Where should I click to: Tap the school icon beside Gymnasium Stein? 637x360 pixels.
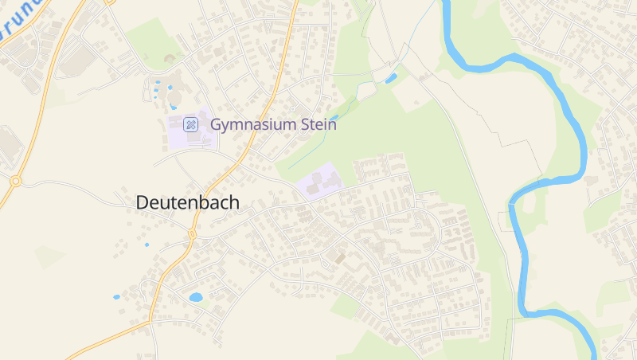point(190,124)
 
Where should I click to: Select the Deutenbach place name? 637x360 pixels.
point(187,202)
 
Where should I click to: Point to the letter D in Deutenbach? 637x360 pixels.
point(143,202)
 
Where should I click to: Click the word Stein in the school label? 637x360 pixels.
point(315,124)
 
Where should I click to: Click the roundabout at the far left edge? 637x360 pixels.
point(15,181)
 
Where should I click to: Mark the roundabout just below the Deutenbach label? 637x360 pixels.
point(191,234)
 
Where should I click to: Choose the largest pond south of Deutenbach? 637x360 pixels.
point(195,297)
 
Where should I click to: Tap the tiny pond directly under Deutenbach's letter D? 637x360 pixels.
point(146,245)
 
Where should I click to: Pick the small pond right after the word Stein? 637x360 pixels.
point(334,118)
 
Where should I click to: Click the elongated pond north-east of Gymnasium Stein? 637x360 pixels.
point(391,78)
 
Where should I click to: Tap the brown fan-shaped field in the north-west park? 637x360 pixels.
point(169,58)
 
